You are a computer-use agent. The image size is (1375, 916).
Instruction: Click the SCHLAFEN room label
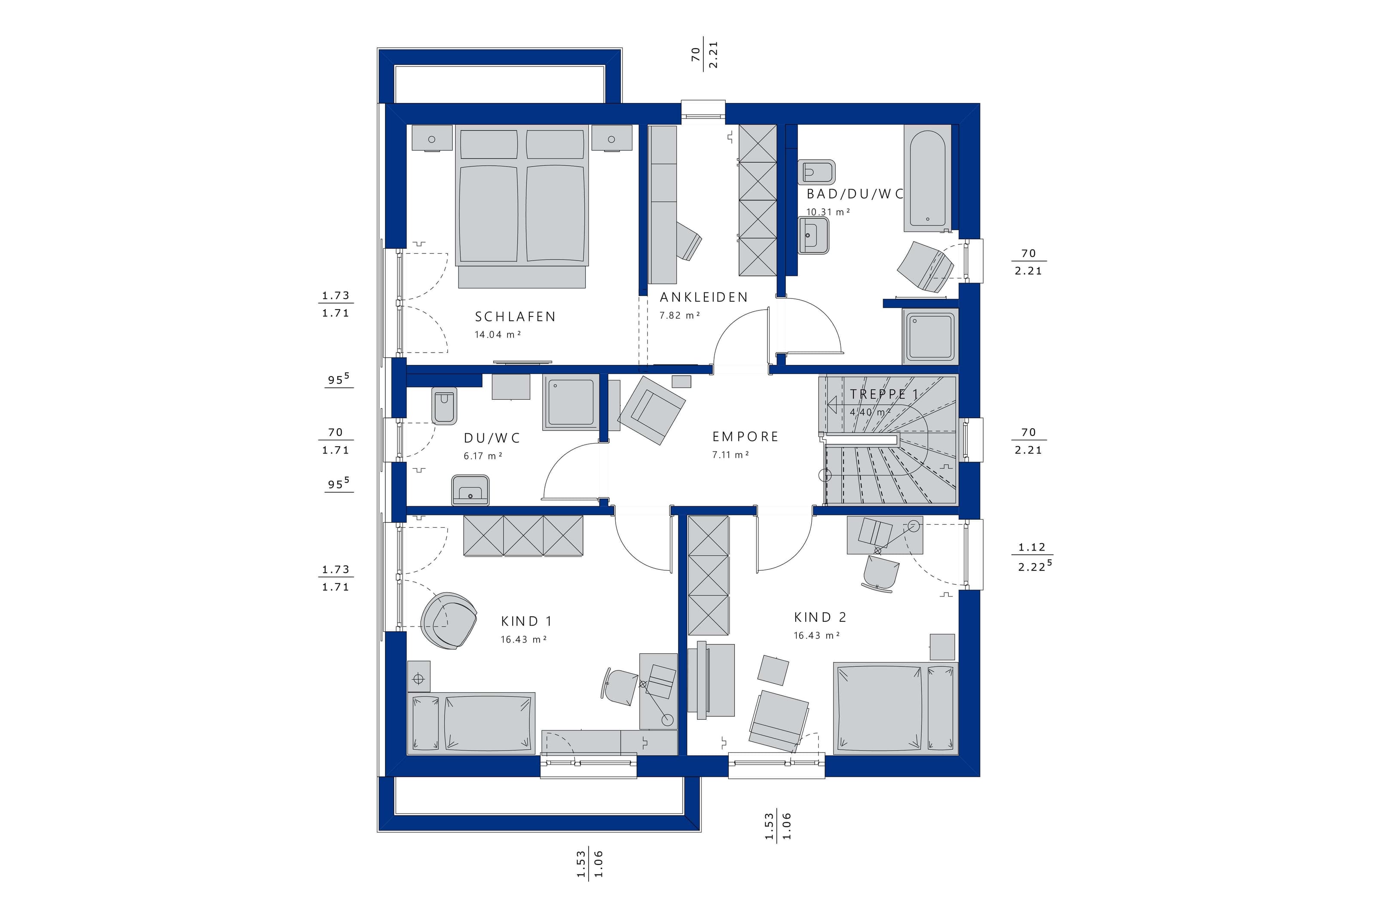coord(515,316)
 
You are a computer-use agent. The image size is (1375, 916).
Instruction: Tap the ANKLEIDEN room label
coord(703,297)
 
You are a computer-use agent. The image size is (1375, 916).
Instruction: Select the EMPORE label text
coord(745,437)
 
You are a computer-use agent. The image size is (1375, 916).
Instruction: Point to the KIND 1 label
coord(526,621)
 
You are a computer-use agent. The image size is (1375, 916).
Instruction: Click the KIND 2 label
coord(820,617)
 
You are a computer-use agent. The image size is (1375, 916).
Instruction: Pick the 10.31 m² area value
coord(828,212)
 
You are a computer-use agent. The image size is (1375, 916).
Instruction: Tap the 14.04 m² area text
coord(497,335)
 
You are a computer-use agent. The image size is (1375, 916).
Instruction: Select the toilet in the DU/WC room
coord(444,405)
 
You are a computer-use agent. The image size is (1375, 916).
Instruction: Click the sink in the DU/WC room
coord(470,490)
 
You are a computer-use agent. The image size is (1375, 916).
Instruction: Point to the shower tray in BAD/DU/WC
coord(930,336)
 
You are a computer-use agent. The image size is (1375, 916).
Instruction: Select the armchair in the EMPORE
coord(651,410)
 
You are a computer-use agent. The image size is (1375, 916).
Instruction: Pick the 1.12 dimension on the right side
coord(1031,548)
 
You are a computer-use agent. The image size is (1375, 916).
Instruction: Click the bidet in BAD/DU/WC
coord(817,172)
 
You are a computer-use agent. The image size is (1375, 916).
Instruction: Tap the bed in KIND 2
coord(895,708)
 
